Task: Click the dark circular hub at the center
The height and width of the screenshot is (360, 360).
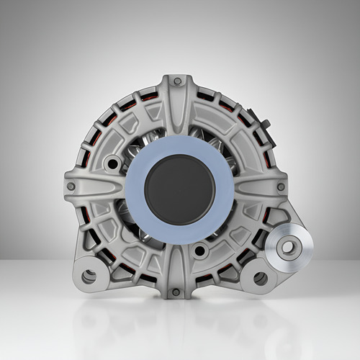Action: tap(179, 189)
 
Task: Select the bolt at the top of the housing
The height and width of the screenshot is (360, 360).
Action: tap(178, 81)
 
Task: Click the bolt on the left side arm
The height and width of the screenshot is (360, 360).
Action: tap(71, 186)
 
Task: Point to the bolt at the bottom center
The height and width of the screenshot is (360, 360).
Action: tap(174, 292)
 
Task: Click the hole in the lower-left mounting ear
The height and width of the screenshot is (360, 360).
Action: tap(89, 275)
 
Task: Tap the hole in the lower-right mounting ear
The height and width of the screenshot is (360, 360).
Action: tap(261, 278)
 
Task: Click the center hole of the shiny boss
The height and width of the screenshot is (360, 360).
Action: tap(288, 248)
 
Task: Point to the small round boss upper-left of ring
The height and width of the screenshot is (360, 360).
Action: tap(112, 163)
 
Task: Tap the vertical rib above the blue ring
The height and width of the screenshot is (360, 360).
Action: tap(178, 108)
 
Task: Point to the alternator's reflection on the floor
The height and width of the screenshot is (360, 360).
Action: tap(176, 324)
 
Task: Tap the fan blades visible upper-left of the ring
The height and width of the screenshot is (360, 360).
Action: tap(140, 144)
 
